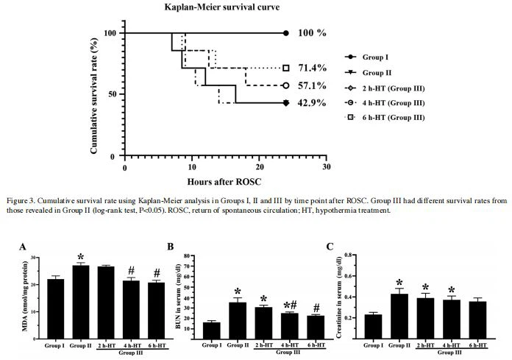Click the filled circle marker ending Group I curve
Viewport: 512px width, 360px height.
pos(286,33)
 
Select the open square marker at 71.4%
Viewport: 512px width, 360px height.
pos(286,68)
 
